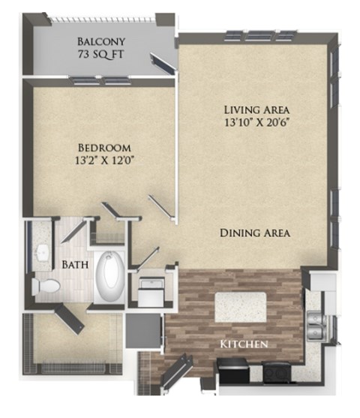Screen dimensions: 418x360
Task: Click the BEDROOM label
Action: tap(104, 147)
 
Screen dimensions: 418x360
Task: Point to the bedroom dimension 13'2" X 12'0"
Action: tap(104, 160)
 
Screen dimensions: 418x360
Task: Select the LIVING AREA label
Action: tap(256, 108)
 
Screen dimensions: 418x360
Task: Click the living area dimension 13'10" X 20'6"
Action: tap(256, 121)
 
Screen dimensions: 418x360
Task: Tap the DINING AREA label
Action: tap(255, 233)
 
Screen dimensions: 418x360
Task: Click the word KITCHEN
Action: tap(244, 344)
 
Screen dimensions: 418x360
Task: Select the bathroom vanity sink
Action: tap(42, 249)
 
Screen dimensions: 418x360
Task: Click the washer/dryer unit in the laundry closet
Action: tap(152, 291)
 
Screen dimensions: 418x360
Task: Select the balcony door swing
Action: tap(162, 64)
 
